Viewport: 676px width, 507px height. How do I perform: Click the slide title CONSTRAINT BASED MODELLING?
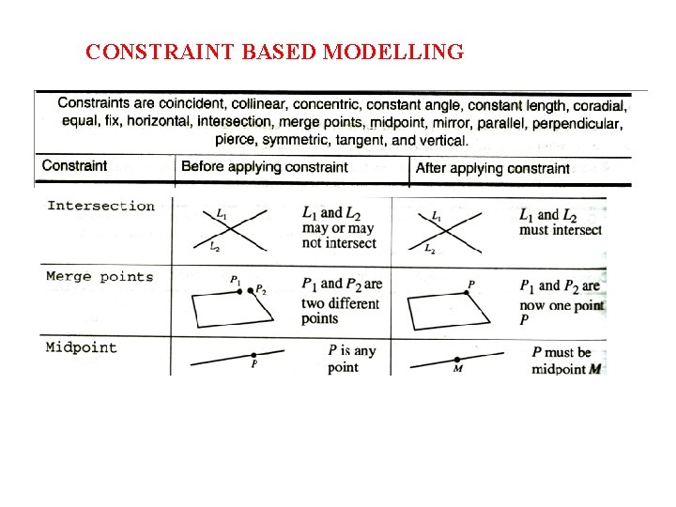pyautogui.click(x=274, y=52)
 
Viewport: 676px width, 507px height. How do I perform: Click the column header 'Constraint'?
pyautogui.click(x=75, y=166)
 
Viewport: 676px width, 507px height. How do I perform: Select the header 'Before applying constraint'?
pyautogui.click(x=265, y=167)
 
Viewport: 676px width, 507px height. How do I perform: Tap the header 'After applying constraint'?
pyautogui.click(x=492, y=168)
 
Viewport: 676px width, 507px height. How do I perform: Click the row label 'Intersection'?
pyautogui.click(x=100, y=206)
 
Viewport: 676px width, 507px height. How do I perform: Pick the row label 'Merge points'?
pyautogui.click(x=100, y=277)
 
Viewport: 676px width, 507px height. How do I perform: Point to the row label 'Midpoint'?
pyautogui.click(x=82, y=347)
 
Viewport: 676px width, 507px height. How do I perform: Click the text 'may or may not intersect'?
pyautogui.click(x=337, y=236)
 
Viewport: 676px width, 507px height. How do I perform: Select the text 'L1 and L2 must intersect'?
pyautogui.click(x=561, y=222)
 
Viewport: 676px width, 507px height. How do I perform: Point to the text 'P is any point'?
pyautogui.click(x=351, y=359)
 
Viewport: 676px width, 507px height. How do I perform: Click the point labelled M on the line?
pyautogui.click(x=457, y=360)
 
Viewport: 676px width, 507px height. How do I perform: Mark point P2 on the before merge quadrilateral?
pyautogui.click(x=251, y=290)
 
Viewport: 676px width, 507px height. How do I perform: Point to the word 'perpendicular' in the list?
pyautogui.click(x=576, y=123)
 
